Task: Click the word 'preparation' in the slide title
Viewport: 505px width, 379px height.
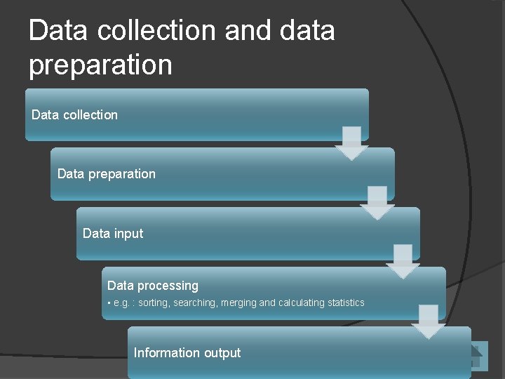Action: (x=100, y=65)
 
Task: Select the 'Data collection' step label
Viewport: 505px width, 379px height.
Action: (x=75, y=114)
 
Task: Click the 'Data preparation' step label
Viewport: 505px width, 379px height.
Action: (x=107, y=173)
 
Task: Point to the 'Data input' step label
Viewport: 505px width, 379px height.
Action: (x=113, y=233)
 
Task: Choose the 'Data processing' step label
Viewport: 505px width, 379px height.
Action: (x=153, y=286)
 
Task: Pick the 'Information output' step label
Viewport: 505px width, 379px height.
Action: (x=187, y=353)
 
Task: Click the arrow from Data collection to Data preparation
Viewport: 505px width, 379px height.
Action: (x=351, y=142)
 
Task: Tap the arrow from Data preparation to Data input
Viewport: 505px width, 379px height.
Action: (x=377, y=202)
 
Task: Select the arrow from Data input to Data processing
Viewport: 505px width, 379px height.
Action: (x=403, y=261)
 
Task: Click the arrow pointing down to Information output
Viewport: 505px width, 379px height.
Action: (x=429, y=321)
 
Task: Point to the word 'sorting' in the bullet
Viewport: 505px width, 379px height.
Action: (x=154, y=302)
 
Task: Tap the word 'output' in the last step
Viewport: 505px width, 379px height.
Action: (x=222, y=353)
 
